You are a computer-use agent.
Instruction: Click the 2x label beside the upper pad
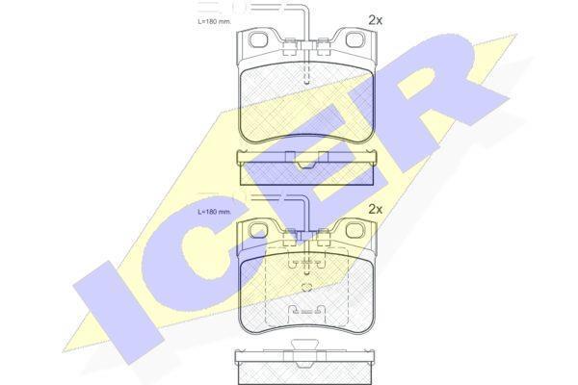[376, 20]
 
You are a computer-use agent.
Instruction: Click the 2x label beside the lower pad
[376, 210]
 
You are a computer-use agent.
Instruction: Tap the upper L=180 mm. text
[214, 22]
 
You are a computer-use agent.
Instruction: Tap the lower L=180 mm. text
[214, 212]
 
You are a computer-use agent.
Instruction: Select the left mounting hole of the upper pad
[258, 39]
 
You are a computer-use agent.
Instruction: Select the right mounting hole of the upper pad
[355, 39]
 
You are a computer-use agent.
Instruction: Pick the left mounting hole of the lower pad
[258, 230]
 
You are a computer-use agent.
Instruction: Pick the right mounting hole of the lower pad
[355, 230]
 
